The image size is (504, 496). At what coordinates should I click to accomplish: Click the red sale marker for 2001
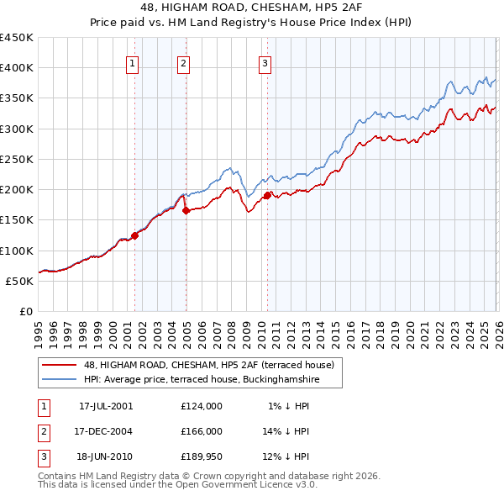(x=134, y=235)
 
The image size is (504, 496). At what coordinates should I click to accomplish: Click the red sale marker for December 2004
(x=186, y=210)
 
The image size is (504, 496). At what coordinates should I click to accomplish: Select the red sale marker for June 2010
(x=267, y=195)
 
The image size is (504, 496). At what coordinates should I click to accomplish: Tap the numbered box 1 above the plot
(x=133, y=62)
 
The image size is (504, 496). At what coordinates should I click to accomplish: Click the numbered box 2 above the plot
(x=184, y=62)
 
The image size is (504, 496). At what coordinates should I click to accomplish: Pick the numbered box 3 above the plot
(x=265, y=62)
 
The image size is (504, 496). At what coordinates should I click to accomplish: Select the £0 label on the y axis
(x=26, y=311)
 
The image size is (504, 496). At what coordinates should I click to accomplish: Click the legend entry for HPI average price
(x=201, y=379)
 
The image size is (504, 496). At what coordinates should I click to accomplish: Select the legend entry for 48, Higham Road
(x=209, y=365)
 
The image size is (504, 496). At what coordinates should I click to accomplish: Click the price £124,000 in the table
(x=202, y=406)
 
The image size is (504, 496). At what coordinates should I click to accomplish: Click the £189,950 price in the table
(x=202, y=456)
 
